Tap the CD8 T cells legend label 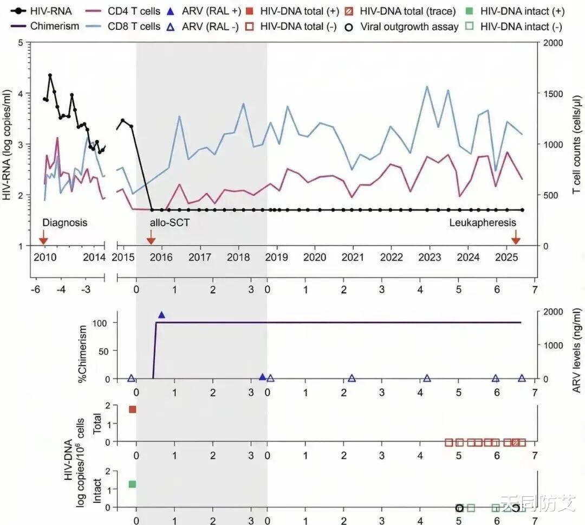pos(135,25)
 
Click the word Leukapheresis pos(482,223)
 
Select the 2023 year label pos(430,257)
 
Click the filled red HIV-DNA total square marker pos(132,409)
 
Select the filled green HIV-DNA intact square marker pos(132,484)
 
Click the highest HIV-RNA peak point pos(50,75)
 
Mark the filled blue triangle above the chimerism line pos(161,315)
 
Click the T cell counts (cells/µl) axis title pos(576,144)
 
